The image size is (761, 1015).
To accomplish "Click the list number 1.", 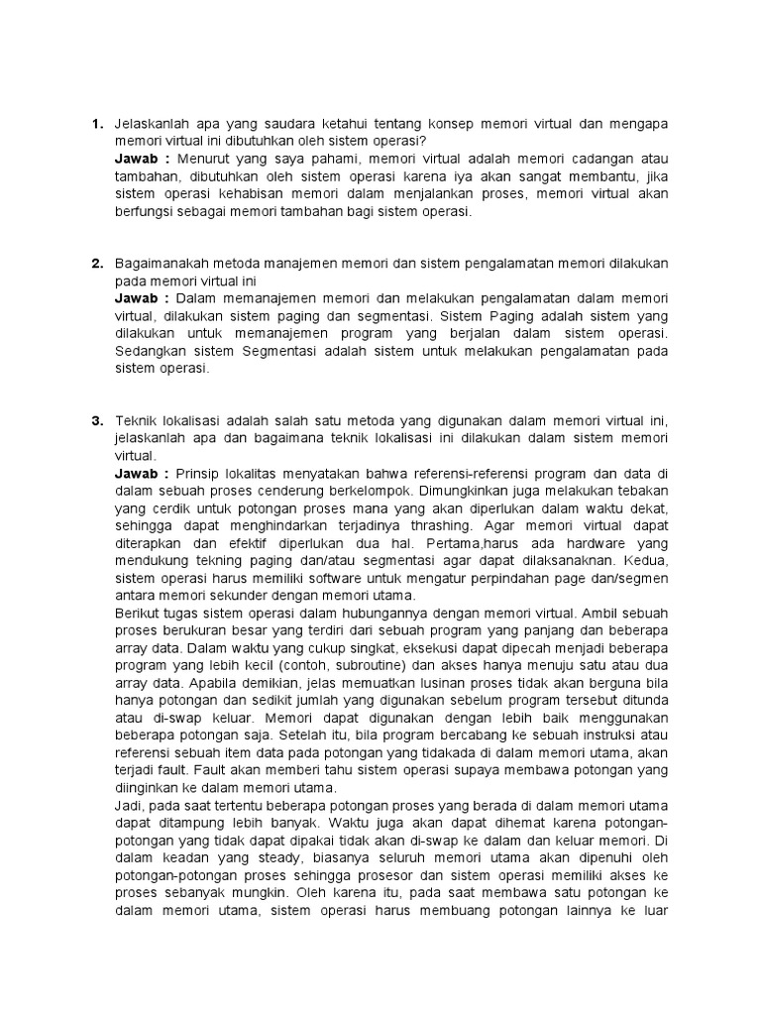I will point(96,124).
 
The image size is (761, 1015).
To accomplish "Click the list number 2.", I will point(96,264).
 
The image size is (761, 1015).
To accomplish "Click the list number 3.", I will point(96,420).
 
